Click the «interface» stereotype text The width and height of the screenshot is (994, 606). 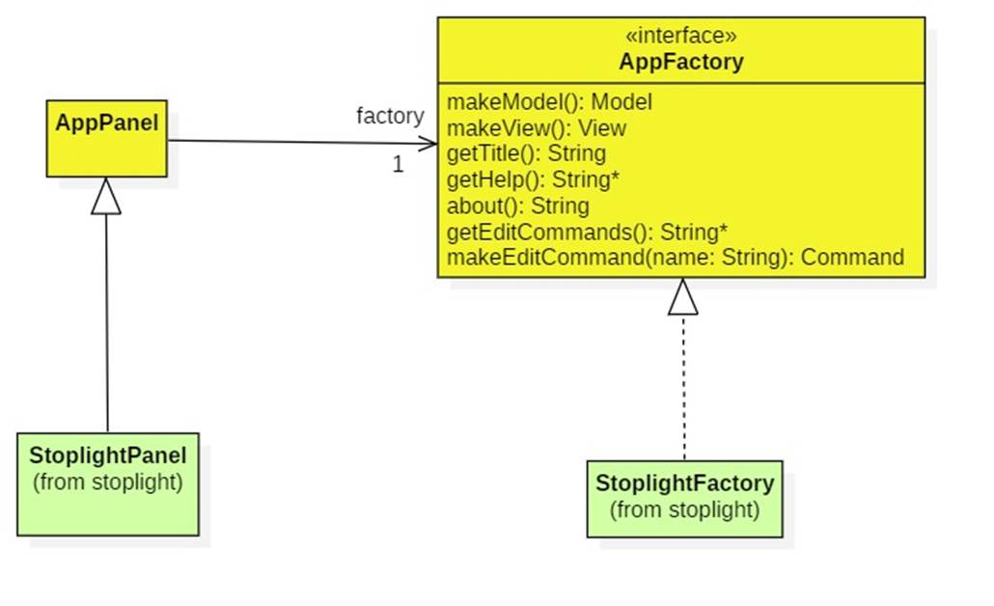(681, 37)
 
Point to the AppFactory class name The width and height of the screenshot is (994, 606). (681, 63)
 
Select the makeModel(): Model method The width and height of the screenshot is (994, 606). (549, 102)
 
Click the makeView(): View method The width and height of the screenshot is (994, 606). (536, 128)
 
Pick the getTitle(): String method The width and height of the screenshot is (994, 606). (526, 153)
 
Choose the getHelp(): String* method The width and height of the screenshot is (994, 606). (533, 179)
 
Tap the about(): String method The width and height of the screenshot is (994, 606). (517, 206)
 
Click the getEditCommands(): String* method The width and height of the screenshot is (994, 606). (587, 232)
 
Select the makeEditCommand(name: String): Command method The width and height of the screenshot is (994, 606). (675, 258)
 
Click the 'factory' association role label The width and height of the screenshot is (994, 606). (390, 116)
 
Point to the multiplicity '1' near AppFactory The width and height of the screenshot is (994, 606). (398, 165)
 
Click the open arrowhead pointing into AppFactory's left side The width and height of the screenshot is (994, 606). (428, 144)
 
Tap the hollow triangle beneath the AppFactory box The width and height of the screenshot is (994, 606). (682, 297)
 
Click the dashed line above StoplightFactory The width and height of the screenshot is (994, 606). (683, 386)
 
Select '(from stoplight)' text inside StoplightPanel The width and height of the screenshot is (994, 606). (107, 482)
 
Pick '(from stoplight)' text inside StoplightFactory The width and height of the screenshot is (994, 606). (684, 510)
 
